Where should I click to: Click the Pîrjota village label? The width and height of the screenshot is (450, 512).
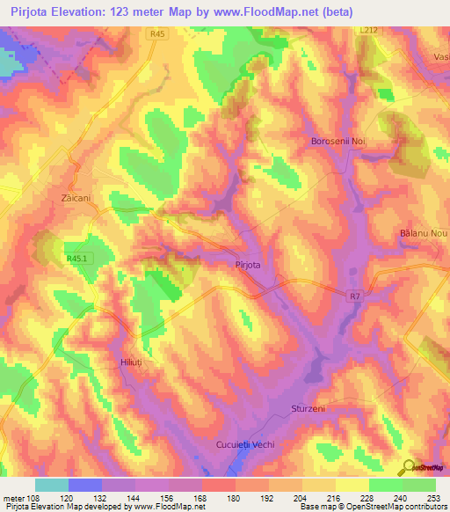250,264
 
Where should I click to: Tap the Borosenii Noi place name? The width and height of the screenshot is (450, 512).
338,141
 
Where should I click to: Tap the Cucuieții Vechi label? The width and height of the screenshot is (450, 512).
245,445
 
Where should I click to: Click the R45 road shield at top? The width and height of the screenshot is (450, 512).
158,34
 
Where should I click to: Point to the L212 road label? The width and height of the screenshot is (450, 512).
368,30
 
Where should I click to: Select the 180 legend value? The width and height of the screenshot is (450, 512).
235,496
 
